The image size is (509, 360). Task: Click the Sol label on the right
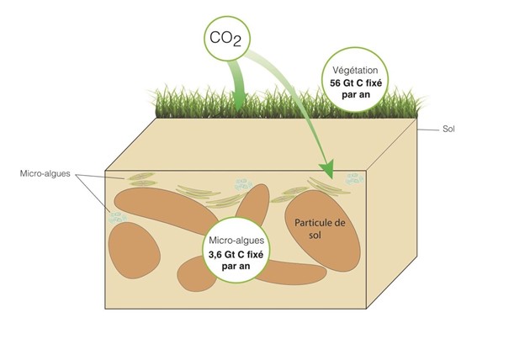(x=450, y=130)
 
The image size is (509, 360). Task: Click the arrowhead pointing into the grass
(x=240, y=103)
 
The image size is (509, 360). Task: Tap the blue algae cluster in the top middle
(x=242, y=182)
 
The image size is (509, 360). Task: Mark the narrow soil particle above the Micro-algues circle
(x=252, y=206)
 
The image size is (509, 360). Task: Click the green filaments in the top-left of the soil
(x=143, y=179)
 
